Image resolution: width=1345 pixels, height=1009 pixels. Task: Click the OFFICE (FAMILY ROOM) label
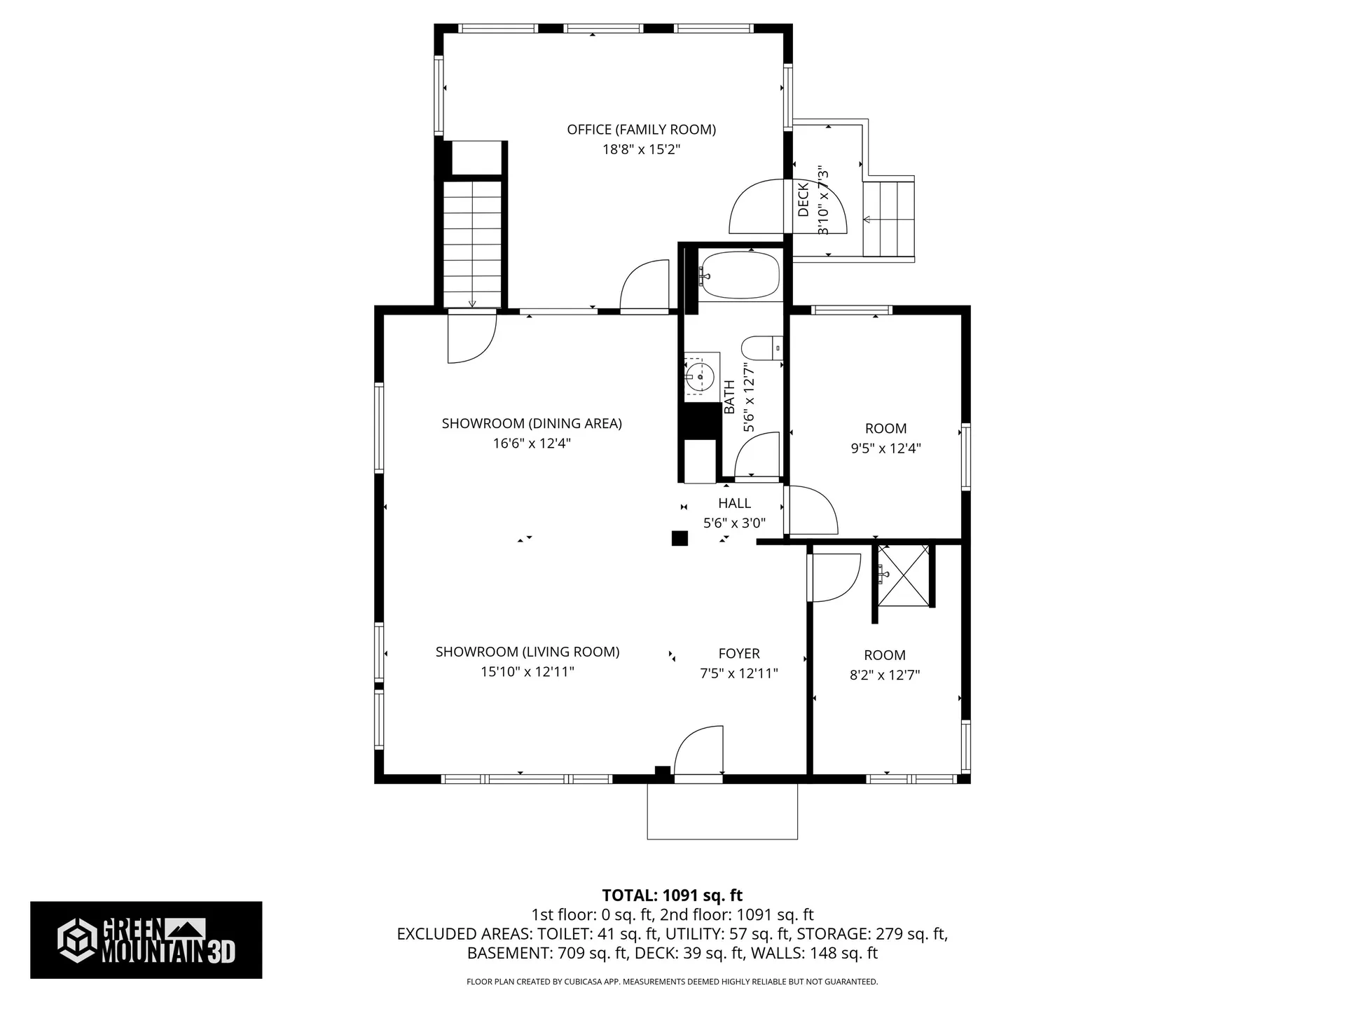[641, 130]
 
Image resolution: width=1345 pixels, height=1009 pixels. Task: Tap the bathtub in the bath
[740, 275]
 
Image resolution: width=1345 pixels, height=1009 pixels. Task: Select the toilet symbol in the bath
[759, 348]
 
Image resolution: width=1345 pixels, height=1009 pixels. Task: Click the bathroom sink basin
[699, 376]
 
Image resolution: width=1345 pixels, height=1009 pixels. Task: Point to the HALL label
[734, 503]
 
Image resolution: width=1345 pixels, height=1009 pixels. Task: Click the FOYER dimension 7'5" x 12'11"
[738, 673]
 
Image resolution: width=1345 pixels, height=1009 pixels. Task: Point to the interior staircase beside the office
[473, 242]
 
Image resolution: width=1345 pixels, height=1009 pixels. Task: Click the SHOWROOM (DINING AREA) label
[532, 423]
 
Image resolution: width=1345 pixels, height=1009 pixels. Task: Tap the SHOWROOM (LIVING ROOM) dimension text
[527, 672]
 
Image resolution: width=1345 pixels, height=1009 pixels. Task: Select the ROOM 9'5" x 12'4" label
[885, 429]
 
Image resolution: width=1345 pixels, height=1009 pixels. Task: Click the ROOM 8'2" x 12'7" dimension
[884, 675]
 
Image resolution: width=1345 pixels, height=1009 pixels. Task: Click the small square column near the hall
[679, 538]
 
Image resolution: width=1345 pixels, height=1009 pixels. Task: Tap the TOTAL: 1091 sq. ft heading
[672, 895]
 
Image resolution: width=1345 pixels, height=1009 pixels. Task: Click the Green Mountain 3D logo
[146, 940]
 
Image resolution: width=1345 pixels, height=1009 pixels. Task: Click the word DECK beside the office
[803, 199]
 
